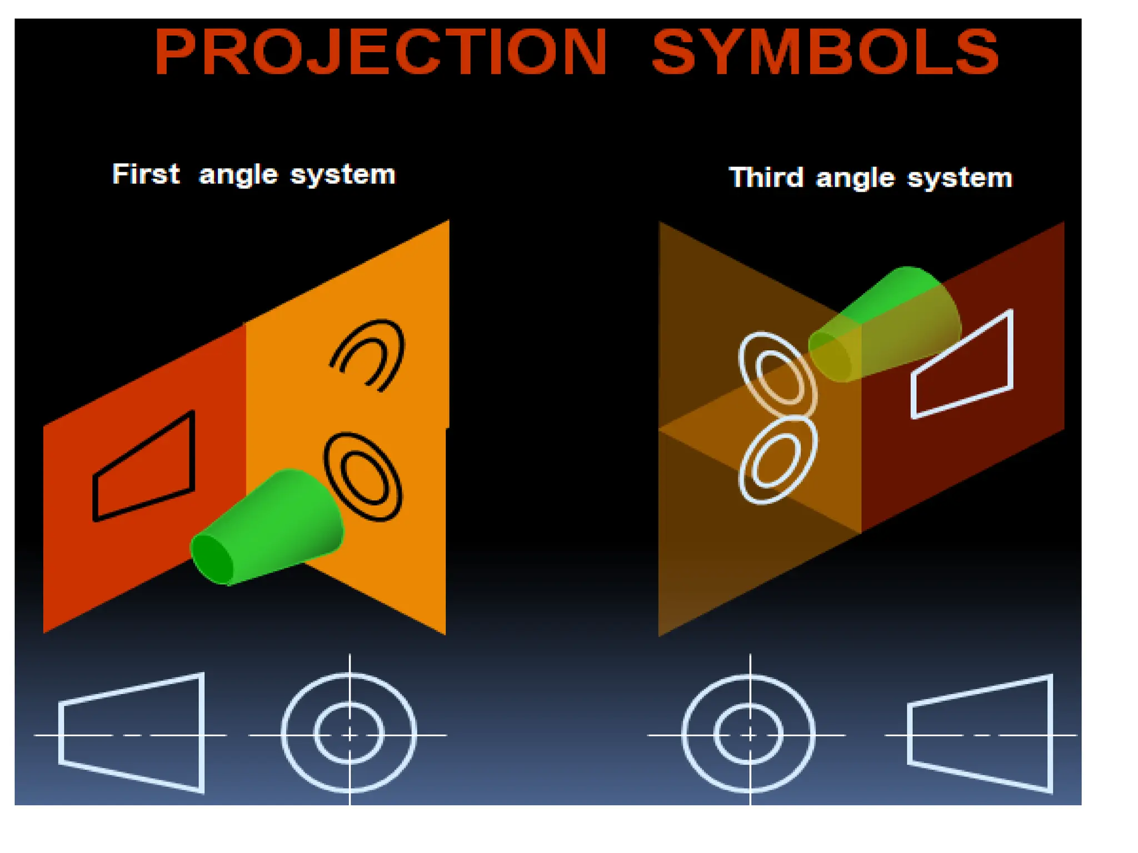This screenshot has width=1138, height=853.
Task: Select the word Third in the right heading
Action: tap(766, 177)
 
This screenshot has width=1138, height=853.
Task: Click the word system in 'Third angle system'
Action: tap(960, 178)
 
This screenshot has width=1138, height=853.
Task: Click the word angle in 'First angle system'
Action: tap(238, 175)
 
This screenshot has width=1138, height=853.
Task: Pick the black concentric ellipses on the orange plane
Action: tap(363, 476)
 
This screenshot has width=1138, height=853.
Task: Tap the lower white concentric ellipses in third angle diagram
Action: tap(778, 460)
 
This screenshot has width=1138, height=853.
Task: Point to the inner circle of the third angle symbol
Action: tap(749, 709)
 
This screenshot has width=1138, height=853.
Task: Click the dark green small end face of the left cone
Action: tap(211, 558)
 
